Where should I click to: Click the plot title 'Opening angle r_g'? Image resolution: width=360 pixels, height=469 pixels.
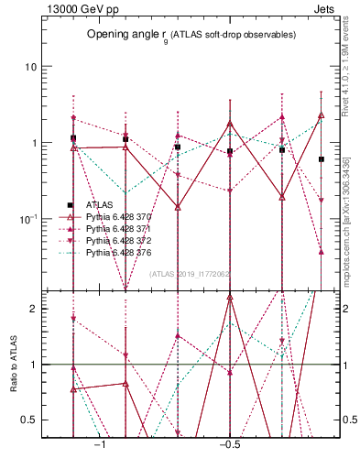(191, 34)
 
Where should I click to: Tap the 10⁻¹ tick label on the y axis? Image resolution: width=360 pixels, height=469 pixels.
(28, 218)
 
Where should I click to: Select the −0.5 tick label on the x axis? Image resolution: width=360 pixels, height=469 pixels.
(228, 444)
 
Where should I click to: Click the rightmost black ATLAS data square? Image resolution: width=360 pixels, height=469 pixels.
(322, 159)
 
